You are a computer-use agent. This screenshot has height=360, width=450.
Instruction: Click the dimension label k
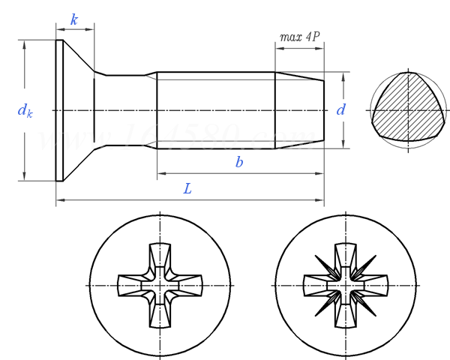point(74,19)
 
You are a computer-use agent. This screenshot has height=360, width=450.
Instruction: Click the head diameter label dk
point(25,111)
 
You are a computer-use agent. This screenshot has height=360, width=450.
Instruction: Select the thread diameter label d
point(341,109)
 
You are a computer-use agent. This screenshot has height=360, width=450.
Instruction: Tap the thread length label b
point(239,162)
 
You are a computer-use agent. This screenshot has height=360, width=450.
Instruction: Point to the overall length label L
point(187,189)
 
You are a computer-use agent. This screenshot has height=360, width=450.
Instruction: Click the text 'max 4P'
point(300,36)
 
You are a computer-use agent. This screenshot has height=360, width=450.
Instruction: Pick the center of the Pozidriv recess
point(345,286)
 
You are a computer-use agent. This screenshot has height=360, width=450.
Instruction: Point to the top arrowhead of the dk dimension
point(25,43)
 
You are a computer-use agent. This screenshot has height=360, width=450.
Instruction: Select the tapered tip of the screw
point(299,109)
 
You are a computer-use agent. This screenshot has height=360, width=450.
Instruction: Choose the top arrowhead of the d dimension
point(345,76)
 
